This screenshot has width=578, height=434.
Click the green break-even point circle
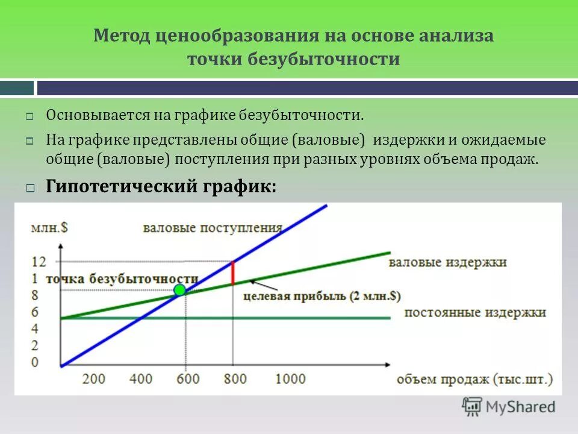[x=179, y=291]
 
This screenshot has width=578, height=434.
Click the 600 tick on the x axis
[x=187, y=379]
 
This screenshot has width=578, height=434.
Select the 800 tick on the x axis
[x=235, y=379]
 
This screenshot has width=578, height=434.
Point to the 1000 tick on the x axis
[x=291, y=379]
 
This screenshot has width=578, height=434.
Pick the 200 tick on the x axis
[x=93, y=379]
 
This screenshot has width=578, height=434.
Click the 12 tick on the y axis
[x=38, y=262]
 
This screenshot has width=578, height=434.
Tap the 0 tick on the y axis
[x=34, y=362]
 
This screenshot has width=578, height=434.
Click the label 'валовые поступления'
[x=213, y=228]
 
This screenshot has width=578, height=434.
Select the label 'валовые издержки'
[x=447, y=263]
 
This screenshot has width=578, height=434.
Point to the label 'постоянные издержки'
[x=475, y=312]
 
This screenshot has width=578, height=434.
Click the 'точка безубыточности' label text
[x=121, y=278]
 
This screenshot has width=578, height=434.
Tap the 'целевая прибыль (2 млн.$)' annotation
[x=322, y=296]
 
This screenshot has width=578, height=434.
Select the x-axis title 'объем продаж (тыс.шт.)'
[x=474, y=379]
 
